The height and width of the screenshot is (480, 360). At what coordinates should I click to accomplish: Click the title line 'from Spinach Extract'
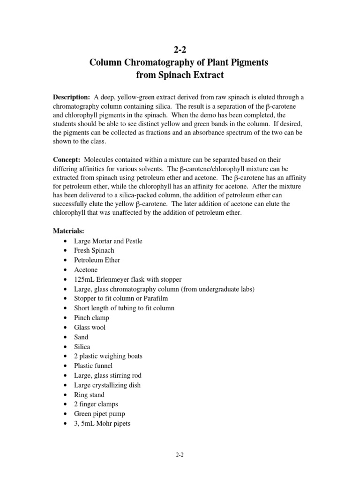coord(179,75)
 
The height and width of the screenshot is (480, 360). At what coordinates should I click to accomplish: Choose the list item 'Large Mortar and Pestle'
coord(108,241)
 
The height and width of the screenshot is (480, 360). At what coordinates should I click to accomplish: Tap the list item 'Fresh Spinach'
coord(94,250)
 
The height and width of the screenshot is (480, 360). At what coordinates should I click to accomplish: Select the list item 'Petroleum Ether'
coord(97,260)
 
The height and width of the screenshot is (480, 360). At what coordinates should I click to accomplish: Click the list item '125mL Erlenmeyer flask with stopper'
coord(127,279)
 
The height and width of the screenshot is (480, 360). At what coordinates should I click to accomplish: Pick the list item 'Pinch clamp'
coord(91,318)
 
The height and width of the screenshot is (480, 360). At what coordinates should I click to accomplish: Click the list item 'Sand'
coord(81,337)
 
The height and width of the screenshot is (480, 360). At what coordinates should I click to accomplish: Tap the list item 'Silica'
coord(82,347)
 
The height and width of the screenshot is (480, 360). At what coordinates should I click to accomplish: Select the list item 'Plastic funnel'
coord(93,366)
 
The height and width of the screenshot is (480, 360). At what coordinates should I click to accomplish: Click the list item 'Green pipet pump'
coord(99,414)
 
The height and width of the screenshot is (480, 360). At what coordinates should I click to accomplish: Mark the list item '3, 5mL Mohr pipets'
coord(102,424)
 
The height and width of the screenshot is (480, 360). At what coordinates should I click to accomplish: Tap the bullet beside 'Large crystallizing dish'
coord(64,385)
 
